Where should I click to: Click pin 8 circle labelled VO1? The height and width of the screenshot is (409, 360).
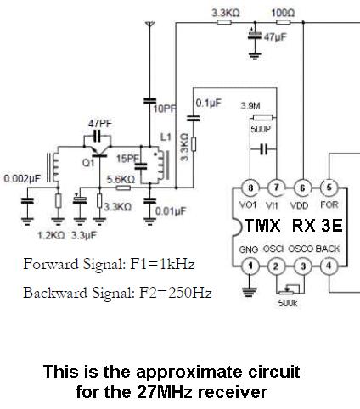[x=250, y=188]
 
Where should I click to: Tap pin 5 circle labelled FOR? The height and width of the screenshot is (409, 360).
[x=329, y=188]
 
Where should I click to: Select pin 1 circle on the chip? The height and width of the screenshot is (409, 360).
[x=250, y=266]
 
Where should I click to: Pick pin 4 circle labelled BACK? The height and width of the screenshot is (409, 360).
[x=329, y=266]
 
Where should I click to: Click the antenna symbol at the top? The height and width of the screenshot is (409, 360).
[x=150, y=24]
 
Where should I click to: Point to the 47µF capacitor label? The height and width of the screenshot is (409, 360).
[x=275, y=37]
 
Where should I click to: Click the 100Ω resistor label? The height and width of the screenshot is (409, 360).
[x=283, y=13]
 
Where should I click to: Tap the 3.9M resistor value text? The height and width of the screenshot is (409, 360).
[x=250, y=106]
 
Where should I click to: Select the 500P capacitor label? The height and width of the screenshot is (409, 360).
[x=261, y=129]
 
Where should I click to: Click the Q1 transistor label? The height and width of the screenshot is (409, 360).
[x=88, y=163]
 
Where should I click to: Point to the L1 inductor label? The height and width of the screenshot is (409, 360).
[x=166, y=137]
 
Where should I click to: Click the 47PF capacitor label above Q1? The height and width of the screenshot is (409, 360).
[x=100, y=124]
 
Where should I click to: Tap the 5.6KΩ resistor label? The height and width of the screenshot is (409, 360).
[x=121, y=179]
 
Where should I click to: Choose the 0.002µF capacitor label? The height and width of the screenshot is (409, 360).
[x=22, y=179]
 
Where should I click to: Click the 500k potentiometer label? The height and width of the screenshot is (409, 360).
[x=288, y=303]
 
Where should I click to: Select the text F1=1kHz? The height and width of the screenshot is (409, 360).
[x=162, y=264]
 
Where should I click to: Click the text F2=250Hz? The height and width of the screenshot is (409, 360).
[x=176, y=293]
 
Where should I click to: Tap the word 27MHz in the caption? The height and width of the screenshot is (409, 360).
[x=165, y=392]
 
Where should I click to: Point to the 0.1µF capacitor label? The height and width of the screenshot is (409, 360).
[x=209, y=104]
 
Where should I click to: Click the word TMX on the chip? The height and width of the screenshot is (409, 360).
[x=262, y=226]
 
